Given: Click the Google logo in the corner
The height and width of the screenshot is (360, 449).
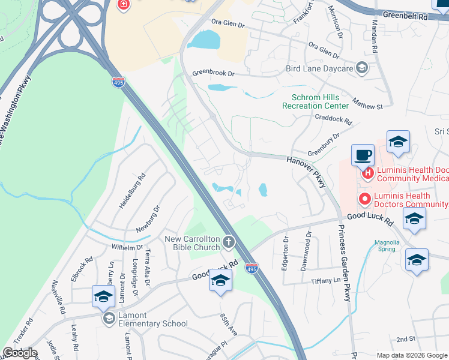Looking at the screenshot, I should click(20, 353).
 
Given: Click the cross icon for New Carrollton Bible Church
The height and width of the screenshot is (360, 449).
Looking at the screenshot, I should click(228, 242).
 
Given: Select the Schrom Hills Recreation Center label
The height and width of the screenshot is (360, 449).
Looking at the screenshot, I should click(315, 101).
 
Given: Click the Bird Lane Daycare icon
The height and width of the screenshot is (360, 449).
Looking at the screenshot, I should click(362, 67).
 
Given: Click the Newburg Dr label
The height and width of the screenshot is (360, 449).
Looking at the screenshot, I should click(148, 219).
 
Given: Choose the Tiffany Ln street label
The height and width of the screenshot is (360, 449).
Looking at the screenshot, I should click(325, 281).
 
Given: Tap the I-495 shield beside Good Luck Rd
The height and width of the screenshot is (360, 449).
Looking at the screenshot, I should click(252, 270).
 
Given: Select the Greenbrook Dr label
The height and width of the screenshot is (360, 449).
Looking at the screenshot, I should click(213, 73).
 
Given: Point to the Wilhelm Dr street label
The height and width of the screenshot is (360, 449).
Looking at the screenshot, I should click(127, 247).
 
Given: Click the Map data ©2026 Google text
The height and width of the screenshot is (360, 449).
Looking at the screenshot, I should click(412, 355).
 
